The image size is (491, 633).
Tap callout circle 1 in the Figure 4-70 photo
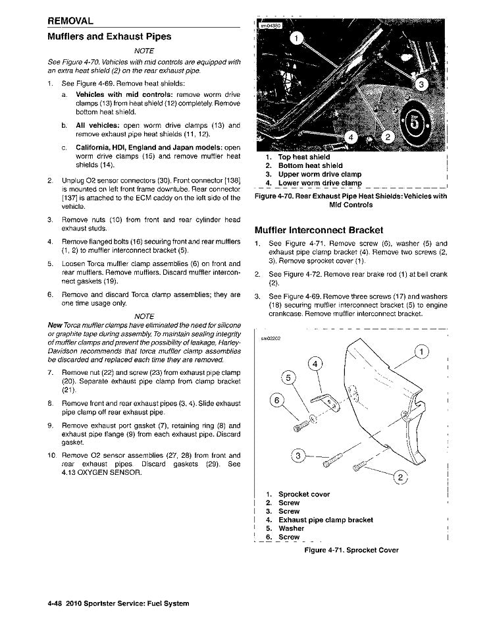coord(297,40)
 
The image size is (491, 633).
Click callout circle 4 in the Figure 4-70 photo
coord(351,138)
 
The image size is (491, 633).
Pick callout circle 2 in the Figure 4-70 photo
coord(388,137)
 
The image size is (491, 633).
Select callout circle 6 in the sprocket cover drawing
coord(278,400)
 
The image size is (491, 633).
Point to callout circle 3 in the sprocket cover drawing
coord(298,456)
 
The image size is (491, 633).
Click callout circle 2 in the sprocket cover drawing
coord(400,478)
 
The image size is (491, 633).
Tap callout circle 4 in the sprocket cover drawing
coord(316,364)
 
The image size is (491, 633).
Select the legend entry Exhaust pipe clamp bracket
coord(325,520)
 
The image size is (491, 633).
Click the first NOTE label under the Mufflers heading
coord(143,51)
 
